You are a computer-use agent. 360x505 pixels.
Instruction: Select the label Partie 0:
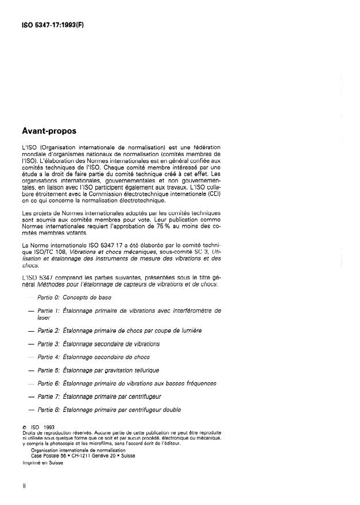[x=48, y=297]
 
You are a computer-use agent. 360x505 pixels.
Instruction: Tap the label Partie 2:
[x=48, y=331]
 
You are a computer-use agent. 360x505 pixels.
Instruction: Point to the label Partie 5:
[x=48, y=370]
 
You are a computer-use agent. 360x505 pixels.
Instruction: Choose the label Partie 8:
[x=48, y=409]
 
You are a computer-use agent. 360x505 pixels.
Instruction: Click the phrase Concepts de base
[x=87, y=297]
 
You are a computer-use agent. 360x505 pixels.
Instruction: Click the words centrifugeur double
[x=151, y=409]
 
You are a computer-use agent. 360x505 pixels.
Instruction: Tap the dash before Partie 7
[x=25, y=396]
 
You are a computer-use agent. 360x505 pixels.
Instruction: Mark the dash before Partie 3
[x=25, y=344]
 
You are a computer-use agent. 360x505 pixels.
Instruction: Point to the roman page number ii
[x=23, y=485]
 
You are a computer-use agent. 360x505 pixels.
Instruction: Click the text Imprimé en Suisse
[x=41, y=463]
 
